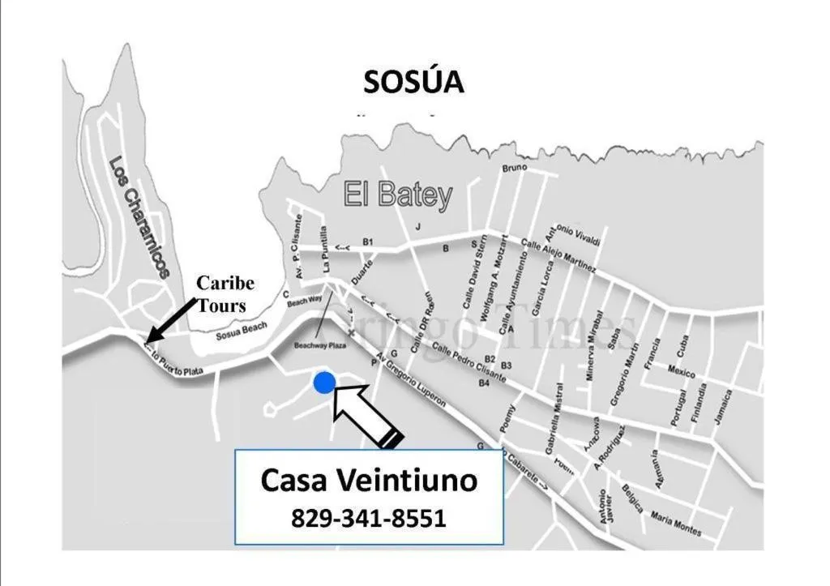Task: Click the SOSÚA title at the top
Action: [413, 82]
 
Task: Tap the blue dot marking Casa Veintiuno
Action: [324, 383]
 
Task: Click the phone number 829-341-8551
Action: [369, 518]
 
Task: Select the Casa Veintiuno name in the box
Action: [369, 481]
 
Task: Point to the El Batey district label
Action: [398, 195]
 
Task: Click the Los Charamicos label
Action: [139, 217]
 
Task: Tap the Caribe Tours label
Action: [225, 294]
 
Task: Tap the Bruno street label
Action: [515, 168]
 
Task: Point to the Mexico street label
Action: [682, 372]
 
